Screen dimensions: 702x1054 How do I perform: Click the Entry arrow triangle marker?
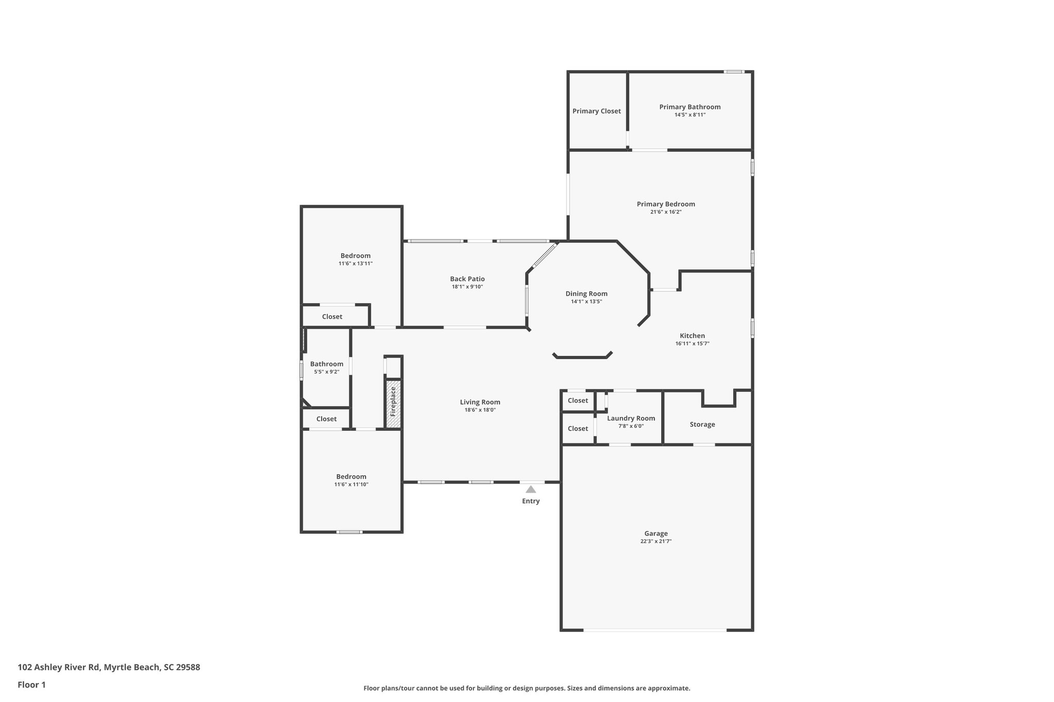pos(531,489)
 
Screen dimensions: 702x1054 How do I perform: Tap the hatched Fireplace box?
pos(394,403)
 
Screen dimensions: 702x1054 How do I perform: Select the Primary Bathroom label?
pos(690,107)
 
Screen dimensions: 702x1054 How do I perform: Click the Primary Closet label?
pos(596,111)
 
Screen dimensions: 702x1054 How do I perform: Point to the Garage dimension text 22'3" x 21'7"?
pos(656,542)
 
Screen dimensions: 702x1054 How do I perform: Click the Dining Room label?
pos(586,294)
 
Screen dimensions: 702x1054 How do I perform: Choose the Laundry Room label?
pos(630,418)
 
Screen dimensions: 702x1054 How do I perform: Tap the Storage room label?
pos(702,424)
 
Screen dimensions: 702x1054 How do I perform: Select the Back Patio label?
pos(467,279)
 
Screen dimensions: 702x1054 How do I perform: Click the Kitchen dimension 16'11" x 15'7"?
pos(692,344)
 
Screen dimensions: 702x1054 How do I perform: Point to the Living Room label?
pos(480,402)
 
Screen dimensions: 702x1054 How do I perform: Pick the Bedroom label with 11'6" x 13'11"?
pos(355,256)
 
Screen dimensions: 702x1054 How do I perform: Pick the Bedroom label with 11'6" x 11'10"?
pos(351,477)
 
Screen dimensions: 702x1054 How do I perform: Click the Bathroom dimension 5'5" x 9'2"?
pos(326,372)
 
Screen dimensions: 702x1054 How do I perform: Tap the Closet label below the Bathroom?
pos(326,419)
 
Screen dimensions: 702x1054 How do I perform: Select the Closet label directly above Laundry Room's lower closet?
pos(577,401)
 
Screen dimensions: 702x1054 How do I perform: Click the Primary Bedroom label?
pos(665,204)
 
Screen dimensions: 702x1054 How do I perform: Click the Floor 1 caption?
pos(31,685)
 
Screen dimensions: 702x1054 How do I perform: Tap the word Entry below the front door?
pos(531,501)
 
